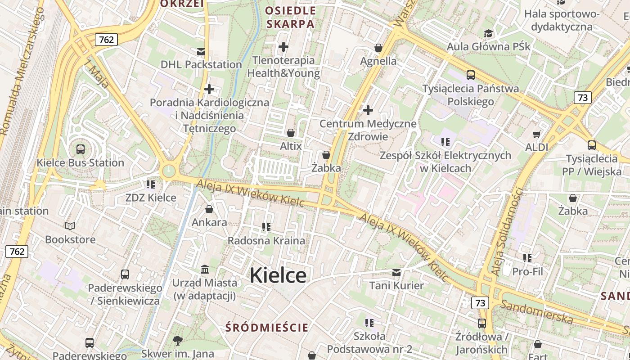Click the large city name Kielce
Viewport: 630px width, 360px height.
tap(278, 275)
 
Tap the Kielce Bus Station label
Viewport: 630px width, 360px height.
tap(80, 162)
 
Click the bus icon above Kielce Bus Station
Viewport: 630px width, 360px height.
tap(81, 149)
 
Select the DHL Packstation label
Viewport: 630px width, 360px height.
tap(201, 64)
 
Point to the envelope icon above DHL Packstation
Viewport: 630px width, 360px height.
tap(201, 51)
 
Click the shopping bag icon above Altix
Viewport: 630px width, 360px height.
tap(291, 133)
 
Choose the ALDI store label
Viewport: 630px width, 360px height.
tap(536, 147)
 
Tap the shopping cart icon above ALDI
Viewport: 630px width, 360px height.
tap(536, 134)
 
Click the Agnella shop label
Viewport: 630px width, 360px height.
tap(378, 61)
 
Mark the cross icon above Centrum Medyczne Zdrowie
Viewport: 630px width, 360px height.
tap(368, 110)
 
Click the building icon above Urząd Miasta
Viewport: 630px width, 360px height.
tap(205, 269)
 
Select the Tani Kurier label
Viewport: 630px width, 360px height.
tap(396, 285)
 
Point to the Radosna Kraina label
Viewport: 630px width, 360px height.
tap(266, 240)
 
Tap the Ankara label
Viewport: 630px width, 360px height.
tap(209, 222)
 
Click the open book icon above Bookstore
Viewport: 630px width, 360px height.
tap(70, 226)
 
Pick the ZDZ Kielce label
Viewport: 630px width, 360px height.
tap(150, 198)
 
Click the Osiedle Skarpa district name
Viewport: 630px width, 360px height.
tap(290, 17)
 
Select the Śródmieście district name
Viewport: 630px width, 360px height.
tap(267, 327)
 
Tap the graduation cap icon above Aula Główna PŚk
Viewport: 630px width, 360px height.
tap(488, 33)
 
